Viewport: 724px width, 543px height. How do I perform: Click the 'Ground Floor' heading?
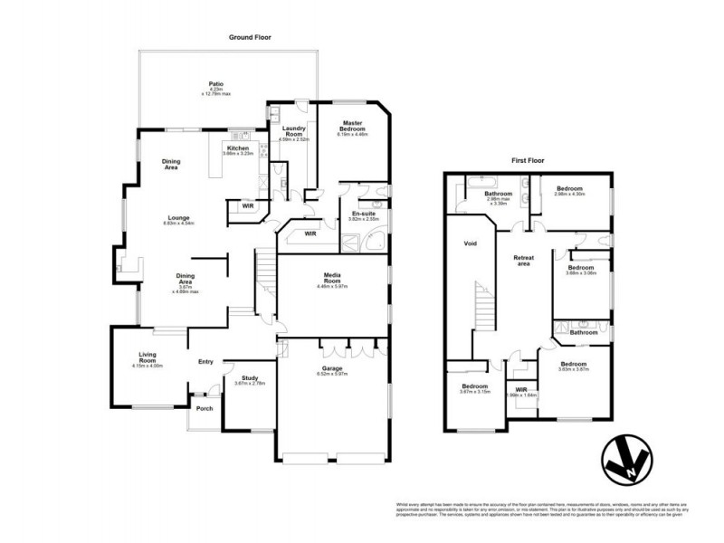[251, 37]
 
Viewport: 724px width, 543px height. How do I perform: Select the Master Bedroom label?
[352, 126]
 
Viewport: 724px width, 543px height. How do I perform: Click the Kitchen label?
[238, 148]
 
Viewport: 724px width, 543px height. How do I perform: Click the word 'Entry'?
[205, 362]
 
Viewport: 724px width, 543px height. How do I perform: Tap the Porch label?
[205, 407]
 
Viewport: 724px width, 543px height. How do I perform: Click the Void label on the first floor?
[470, 244]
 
